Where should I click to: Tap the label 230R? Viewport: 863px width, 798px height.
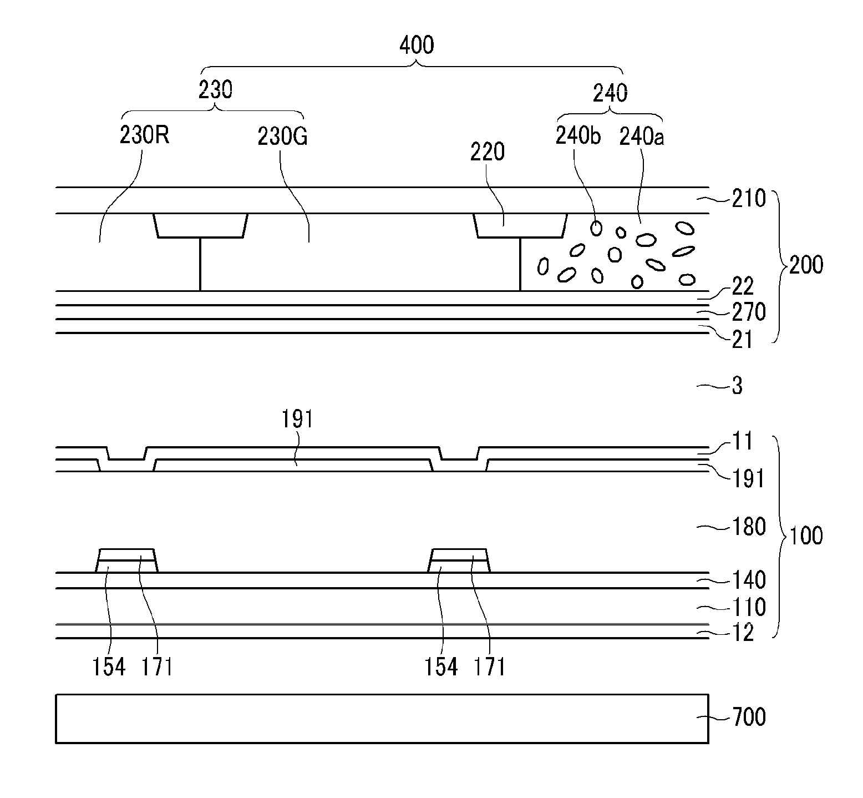tap(145, 136)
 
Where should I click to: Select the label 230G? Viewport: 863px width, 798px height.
tap(282, 137)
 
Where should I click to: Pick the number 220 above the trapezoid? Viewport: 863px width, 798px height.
tap(488, 151)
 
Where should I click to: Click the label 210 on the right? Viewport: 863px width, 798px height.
tap(749, 199)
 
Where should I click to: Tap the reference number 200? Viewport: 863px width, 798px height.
tap(806, 265)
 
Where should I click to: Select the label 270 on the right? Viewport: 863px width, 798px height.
tap(749, 312)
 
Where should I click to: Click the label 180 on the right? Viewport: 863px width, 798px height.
tap(749, 527)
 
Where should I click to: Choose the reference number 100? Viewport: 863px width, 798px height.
tap(806, 537)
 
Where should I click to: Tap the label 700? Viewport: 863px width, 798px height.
tap(749, 717)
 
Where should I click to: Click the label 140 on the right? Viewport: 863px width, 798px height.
tap(749, 580)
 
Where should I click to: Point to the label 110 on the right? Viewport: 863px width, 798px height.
tap(749, 607)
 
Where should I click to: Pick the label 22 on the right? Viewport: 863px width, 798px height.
tap(743, 287)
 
